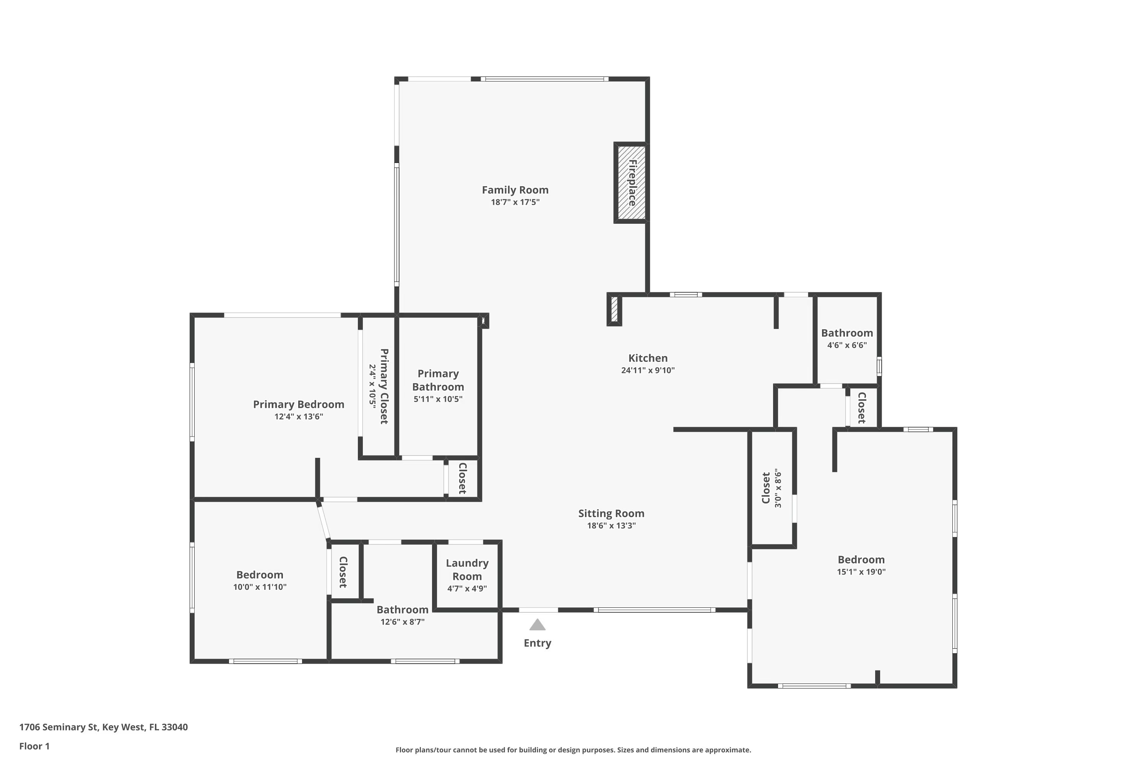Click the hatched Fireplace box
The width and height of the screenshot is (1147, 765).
point(632,182)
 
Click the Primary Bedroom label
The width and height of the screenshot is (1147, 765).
point(299,404)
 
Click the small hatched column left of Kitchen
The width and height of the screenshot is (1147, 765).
point(614,309)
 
